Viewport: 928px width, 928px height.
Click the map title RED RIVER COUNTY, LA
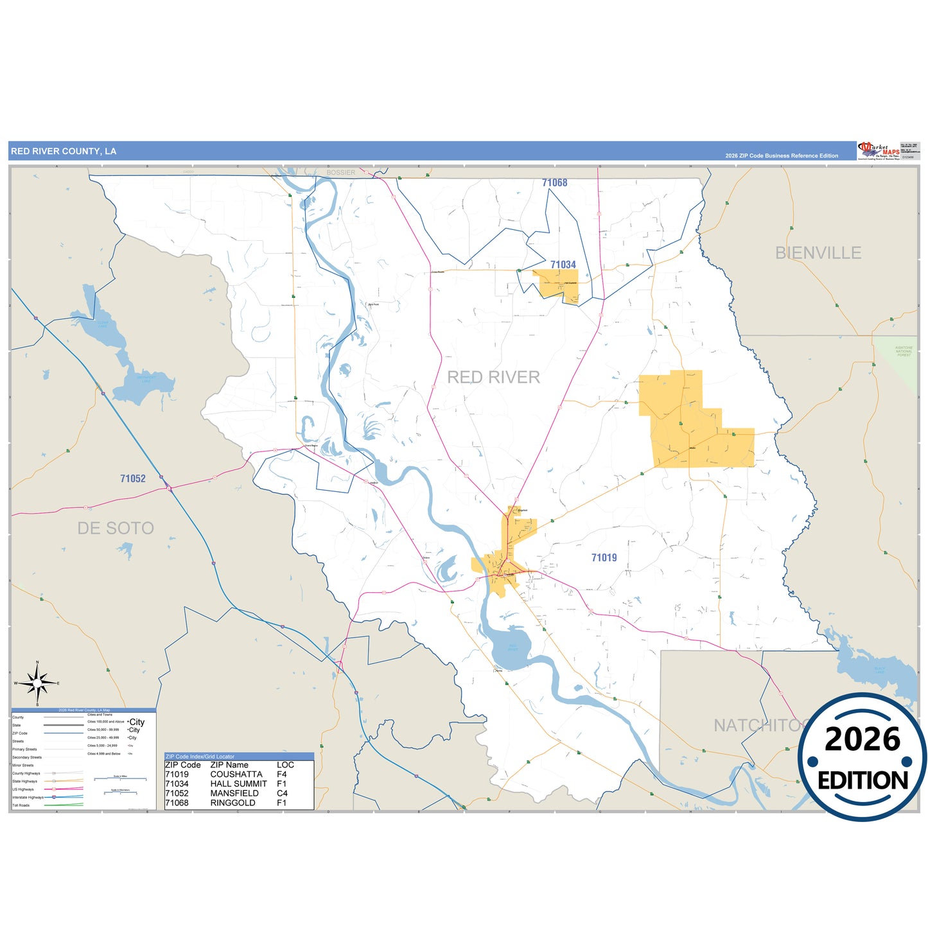(x=64, y=152)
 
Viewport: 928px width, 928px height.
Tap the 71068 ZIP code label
(x=554, y=183)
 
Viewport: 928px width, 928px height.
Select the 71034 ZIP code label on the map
(x=563, y=265)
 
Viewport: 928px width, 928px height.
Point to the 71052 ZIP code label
(x=133, y=478)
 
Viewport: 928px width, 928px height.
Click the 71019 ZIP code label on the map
(x=604, y=557)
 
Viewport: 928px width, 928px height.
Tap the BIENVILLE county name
(x=818, y=253)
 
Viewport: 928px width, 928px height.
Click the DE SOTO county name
(x=116, y=528)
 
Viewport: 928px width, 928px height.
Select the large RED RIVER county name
(x=493, y=377)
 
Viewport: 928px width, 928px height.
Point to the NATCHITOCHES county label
(x=758, y=725)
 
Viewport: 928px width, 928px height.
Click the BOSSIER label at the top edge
(x=340, y=172)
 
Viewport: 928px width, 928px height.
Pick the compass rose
(x=37, y=683)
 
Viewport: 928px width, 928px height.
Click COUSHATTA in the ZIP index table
(x=236, y=775)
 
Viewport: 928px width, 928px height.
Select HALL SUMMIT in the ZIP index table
(x=238, y=784)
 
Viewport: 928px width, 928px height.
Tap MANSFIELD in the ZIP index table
(x=234, y=793)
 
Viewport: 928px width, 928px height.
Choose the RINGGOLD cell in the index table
(x=232, y=803)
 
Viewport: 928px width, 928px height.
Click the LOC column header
(x=285, y=765)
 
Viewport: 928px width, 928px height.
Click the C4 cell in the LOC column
(x=282, y=793)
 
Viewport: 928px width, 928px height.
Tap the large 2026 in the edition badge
(x=862, y=739)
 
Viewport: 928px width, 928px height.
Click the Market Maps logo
(x=878, y=151)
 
